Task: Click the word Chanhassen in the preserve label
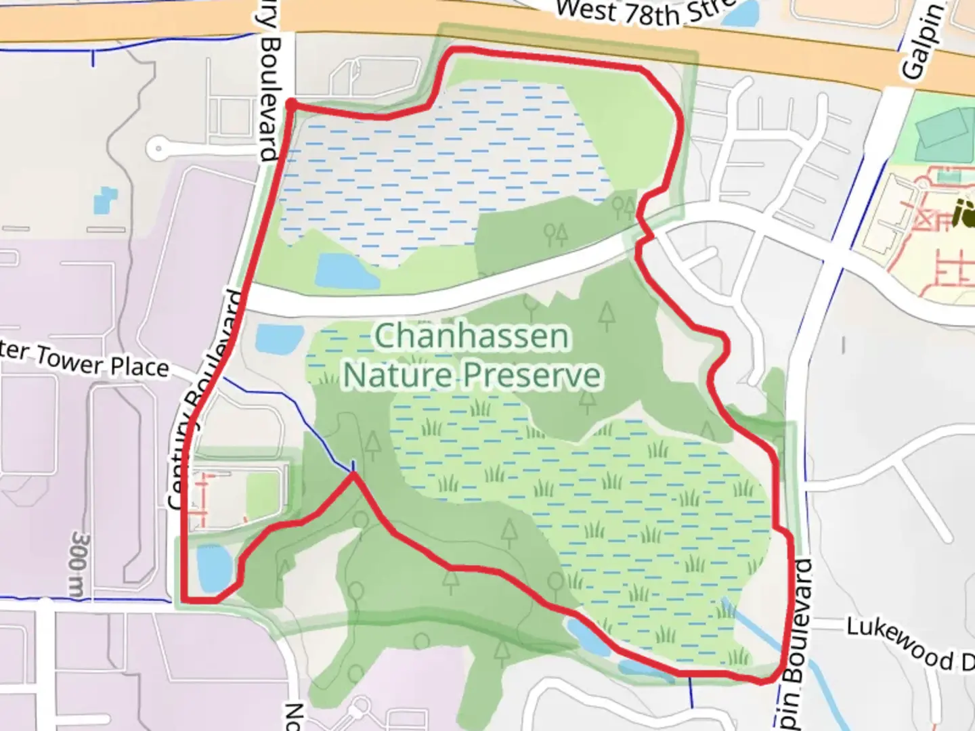471,336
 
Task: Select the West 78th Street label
643,12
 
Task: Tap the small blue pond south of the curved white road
280,338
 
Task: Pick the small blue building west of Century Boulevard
105,199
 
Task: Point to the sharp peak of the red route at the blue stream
353,474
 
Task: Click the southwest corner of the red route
185,600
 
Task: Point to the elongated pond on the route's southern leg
588,637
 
